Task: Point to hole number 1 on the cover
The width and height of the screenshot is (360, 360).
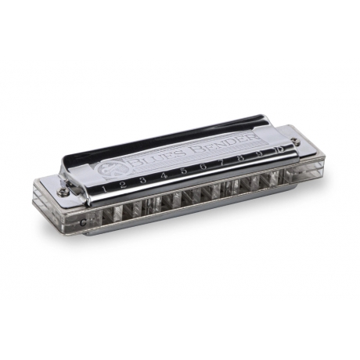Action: (x=103, y=187)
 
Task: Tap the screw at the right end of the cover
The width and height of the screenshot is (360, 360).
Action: (x=294, y=142)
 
